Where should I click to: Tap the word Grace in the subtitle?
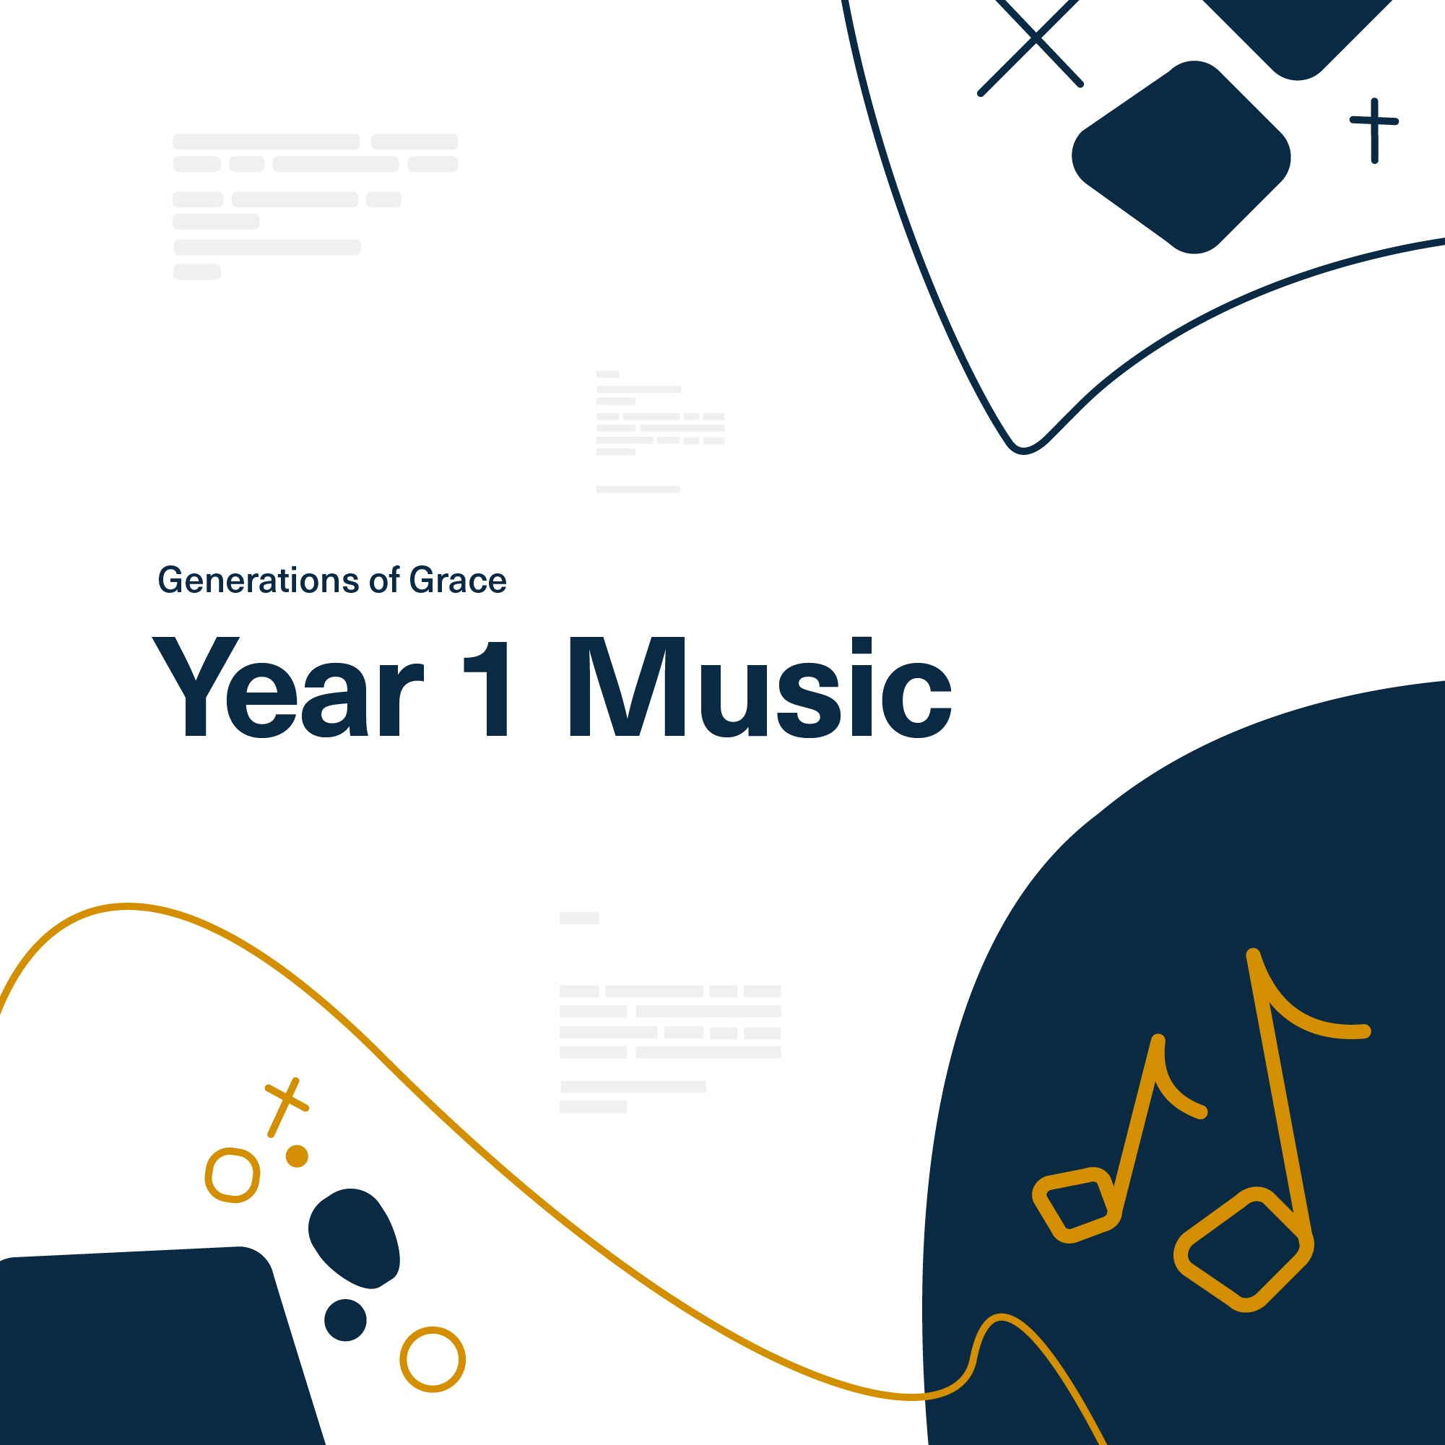458,581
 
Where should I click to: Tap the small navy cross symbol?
1374,129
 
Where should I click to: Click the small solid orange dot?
297,1155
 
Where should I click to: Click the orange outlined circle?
433,1358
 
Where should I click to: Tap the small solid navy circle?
345,1319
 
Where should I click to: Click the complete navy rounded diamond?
1181,157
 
